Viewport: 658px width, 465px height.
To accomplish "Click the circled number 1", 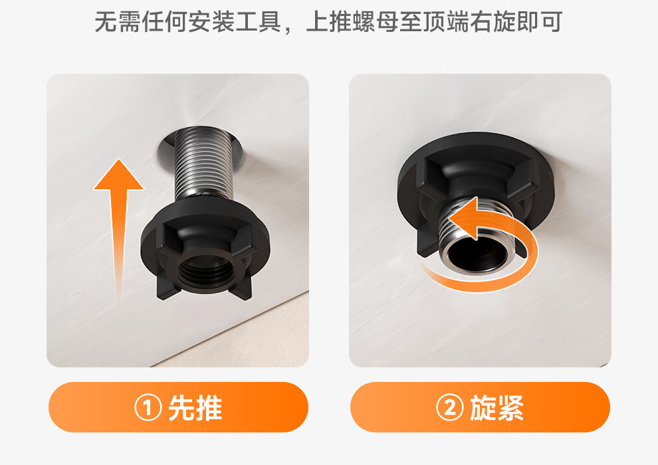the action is tap(148, 408).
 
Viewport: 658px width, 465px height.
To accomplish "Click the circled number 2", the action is tap(450, 408).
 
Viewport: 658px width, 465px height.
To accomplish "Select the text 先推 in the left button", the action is tap(195, 408).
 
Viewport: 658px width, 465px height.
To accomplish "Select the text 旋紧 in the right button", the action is tap(497, 408).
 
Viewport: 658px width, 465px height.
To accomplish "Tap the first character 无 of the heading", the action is tap(106, 22).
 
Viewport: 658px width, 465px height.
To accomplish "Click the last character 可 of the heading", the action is tap(551, 22).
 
